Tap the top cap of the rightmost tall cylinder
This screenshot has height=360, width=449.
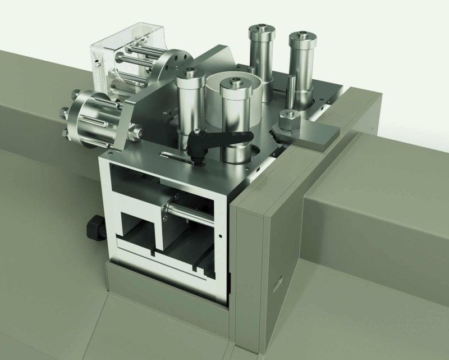tap(303, 37)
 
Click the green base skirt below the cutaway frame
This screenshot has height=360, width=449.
tap(163, 295)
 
